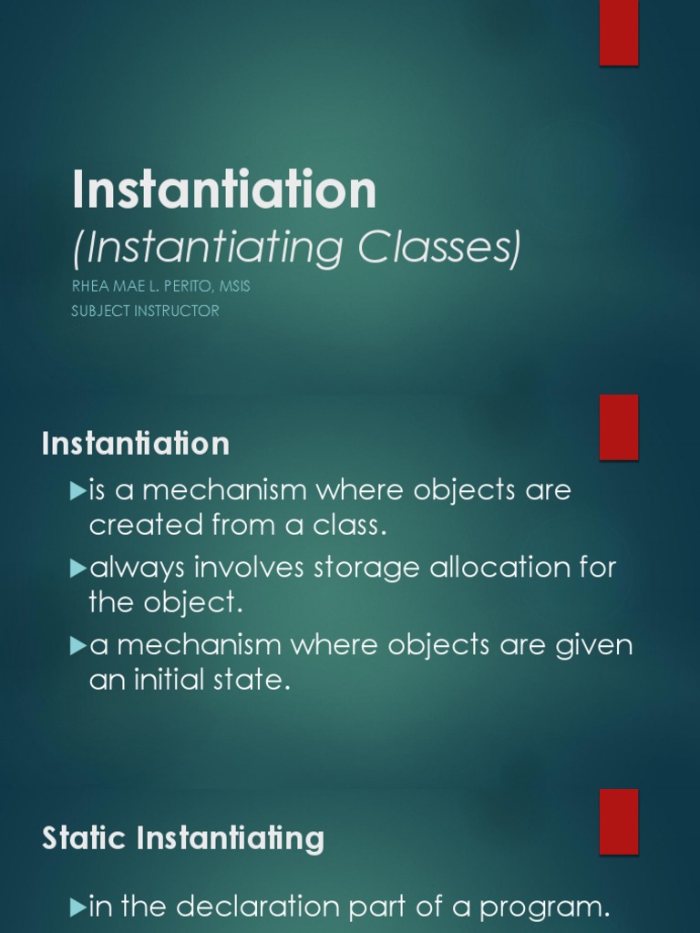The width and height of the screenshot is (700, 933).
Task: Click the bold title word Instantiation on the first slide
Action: pyautogui.click(x=224, y=190)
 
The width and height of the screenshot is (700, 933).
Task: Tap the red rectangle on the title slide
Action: pyautogui.click(x=619, y=33)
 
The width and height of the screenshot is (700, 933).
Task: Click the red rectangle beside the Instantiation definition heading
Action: pyautogui.click(x=619, y=427)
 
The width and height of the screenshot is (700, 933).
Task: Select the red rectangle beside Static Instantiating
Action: pyautogui.click(x=619, y=821)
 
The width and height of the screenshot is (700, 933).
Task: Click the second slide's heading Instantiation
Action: pyautogui.click(x=136, y=444)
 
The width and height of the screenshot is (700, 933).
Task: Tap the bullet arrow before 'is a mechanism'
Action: pyautogui.click(x=77, y=491)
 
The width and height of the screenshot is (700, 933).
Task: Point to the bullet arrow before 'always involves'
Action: pyautogui.click(x=77, y=569)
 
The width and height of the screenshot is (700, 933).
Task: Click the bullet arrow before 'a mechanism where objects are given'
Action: pyautogui.click(x=77, y=646)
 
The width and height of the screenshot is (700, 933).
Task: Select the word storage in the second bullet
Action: pyautogui.click(x=366, y=569)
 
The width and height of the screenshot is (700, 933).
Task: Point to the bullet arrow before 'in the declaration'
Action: pyautogui.click(x=77, y=907)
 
